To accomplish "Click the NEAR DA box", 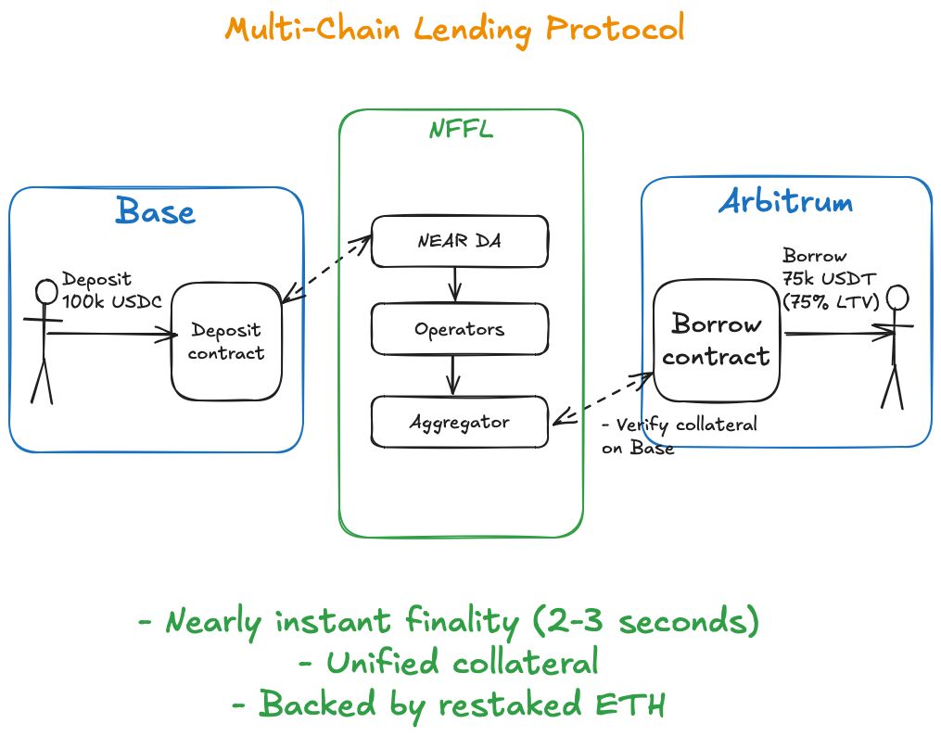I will (459, 242).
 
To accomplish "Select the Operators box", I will (459, 329).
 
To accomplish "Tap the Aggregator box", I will (459, 422).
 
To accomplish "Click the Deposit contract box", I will (225, 341).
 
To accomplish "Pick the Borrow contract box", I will (716, 340).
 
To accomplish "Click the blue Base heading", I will (156, 211).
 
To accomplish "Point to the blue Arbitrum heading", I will (785, 203).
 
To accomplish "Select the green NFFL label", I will (460, 130).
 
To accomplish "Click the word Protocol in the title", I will (615, 28).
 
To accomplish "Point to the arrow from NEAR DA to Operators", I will (454, 285).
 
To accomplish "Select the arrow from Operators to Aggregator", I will (453, 374).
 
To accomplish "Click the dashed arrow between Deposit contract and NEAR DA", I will (325, 269).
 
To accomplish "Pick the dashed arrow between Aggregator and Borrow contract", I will (603, 399).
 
